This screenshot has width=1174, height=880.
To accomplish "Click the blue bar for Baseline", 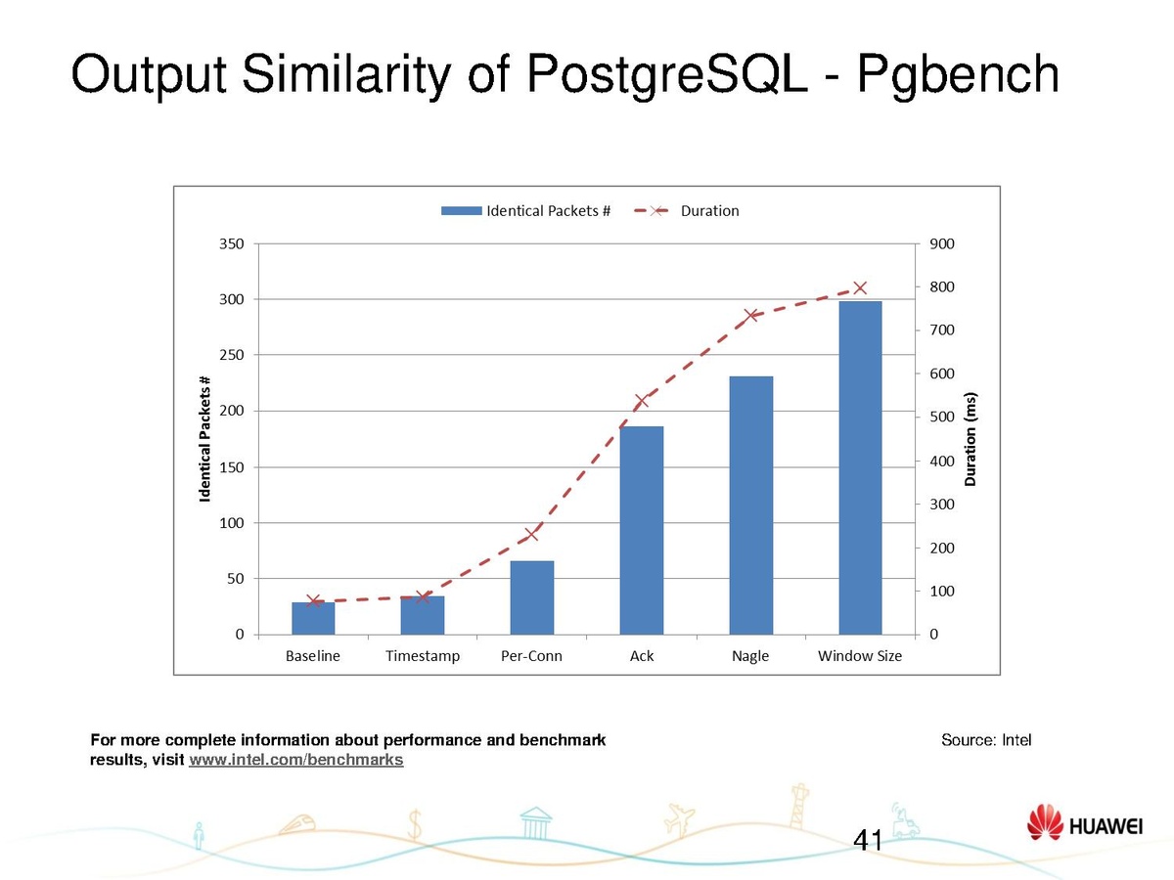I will tap(313, 618).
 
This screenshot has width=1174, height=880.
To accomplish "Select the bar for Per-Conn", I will tap(532, 597).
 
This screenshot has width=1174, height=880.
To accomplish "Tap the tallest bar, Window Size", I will tap(860, 467).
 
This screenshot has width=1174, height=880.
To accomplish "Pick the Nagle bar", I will tap(750, 505).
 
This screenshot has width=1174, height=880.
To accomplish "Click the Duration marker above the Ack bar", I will tap(642, 400).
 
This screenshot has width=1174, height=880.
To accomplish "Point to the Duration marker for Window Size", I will tap(860, 287).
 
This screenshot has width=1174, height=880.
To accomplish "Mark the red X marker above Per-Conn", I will tap(532, 534).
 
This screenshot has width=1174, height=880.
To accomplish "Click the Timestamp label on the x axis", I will tap(423, 656).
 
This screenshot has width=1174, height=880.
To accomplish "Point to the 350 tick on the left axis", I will tap(233, 243).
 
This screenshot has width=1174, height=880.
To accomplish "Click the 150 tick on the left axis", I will tap(233, 467).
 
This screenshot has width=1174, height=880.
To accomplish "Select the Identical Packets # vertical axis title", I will tap(205, 439).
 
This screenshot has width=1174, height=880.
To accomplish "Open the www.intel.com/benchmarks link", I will tap(295, 760).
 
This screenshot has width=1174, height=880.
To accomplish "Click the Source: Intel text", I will tap(986, 740).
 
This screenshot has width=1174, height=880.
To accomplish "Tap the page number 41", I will tap(869, 839).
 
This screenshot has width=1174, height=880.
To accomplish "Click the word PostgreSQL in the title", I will tap(668, 73).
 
